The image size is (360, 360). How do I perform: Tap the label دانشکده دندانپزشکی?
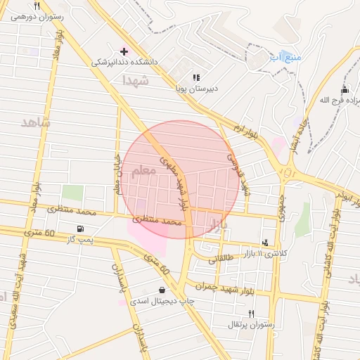point(126,62)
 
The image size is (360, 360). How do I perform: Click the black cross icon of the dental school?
point(124,51)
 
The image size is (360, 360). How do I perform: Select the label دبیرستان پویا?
point(197,89)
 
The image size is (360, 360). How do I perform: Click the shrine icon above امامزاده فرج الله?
point(344,89)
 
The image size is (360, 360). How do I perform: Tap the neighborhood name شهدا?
point(135,82)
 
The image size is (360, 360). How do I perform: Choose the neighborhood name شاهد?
point(36,122)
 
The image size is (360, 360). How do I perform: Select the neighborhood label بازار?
point(218,226)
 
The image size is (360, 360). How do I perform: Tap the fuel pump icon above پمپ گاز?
point(82,229)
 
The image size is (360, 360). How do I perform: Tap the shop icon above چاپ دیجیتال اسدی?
point(163,289)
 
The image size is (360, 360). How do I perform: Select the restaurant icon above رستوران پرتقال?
point(252,313)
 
